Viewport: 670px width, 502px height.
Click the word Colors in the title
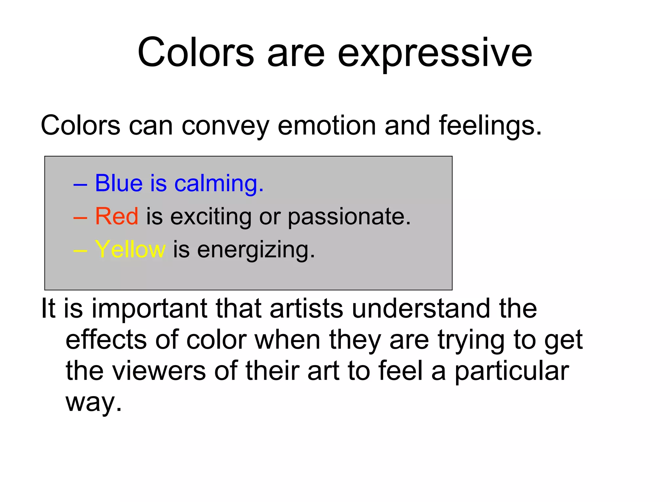[195, 53]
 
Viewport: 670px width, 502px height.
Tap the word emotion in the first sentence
[326, 126]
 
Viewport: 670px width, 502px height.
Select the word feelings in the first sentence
[490, 126]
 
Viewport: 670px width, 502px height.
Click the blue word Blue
[119, 183]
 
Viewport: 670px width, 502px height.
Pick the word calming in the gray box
[219, 184]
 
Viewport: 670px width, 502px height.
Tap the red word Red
[116, 216]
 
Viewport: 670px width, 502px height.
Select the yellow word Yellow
[130, 250]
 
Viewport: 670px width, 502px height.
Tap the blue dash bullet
[80, 185]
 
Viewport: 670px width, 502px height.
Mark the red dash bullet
[80, 218]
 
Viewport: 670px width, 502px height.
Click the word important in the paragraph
[149, 309]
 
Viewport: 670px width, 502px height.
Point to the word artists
[306, 309]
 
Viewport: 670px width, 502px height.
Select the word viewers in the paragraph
[159, 371]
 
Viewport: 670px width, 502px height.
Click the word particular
[512, 372]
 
